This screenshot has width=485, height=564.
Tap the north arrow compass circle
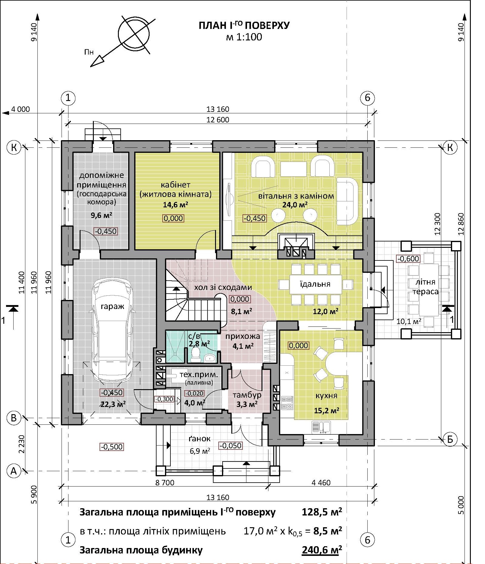click(x=134, y=33)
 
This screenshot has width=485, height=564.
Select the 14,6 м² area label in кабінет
click(x=176, y=205)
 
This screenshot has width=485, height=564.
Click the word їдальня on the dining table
click(x=315, y=284)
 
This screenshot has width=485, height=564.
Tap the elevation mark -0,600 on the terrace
click(x=408, y=259)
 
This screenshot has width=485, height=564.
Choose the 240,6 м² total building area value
click(x=322, y=550)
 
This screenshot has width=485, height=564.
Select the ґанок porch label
click(x=199, y=439)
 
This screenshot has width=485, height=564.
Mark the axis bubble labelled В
click(x=14, y=418)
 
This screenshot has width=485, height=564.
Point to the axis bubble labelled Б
click(x=450, y=439)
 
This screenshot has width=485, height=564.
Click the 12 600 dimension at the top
click(x=218, y=120)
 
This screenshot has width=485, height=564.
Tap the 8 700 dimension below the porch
click(x=165, y=483)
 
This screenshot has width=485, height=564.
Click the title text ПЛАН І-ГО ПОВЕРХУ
click(x=244, y=25)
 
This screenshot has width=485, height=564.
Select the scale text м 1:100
click(x=244, y=37)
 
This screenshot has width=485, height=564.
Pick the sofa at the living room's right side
click(x=347, y=201)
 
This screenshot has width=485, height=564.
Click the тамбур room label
click(x=247, y=395)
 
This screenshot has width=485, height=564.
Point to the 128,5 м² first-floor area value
click(x=322, y=512)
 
